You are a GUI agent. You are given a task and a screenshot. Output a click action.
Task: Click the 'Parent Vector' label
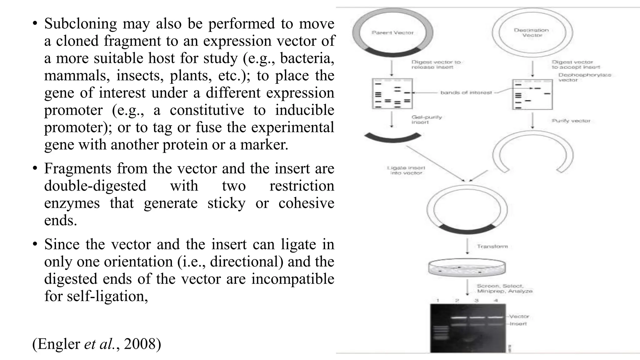coord(392,32)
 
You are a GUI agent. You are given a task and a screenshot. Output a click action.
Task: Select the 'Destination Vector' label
coord(531,32)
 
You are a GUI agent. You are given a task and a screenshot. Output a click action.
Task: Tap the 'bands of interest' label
coord(466,92)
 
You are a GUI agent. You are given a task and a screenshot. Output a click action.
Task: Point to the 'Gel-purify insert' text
coord(427,119)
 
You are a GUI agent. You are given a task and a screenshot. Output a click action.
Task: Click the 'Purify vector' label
coord(571,121)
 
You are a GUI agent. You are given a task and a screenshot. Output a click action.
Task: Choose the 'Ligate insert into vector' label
coord(406,170)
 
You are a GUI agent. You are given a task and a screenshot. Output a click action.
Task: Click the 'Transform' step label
coord(492,246)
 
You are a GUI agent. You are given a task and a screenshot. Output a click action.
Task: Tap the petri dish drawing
coord(467,267)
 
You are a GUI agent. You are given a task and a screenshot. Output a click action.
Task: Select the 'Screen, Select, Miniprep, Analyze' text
coord(504,288)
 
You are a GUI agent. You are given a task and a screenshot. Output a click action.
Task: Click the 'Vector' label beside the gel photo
coord(519,316)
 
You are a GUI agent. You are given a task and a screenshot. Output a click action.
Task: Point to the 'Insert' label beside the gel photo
coord(518,324)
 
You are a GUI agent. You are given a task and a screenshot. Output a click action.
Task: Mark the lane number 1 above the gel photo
coord(438,300)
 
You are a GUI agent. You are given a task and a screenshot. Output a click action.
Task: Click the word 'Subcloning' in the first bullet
coord(80,24)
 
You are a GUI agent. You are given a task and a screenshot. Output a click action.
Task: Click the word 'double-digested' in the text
coord(95,186)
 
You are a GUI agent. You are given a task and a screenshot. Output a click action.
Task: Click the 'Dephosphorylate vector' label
coord(584,77)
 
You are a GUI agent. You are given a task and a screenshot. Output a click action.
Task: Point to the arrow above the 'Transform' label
coord(467,246)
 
